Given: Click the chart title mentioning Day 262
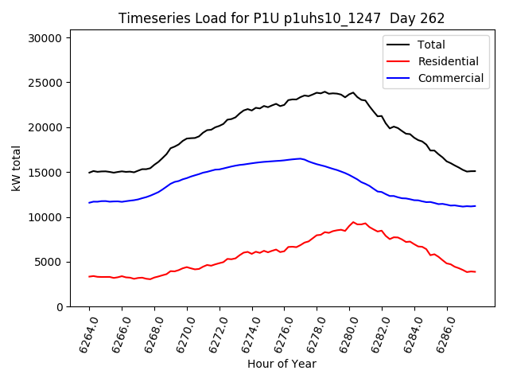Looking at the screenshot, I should (282, 18).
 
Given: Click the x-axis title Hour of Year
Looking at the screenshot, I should (282, 364).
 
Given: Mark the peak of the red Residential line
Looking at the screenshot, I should (353, 222).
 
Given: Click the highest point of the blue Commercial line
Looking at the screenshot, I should (300, 158).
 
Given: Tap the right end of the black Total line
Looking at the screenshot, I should (476, 171).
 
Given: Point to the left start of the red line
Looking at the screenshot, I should (89, 276).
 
